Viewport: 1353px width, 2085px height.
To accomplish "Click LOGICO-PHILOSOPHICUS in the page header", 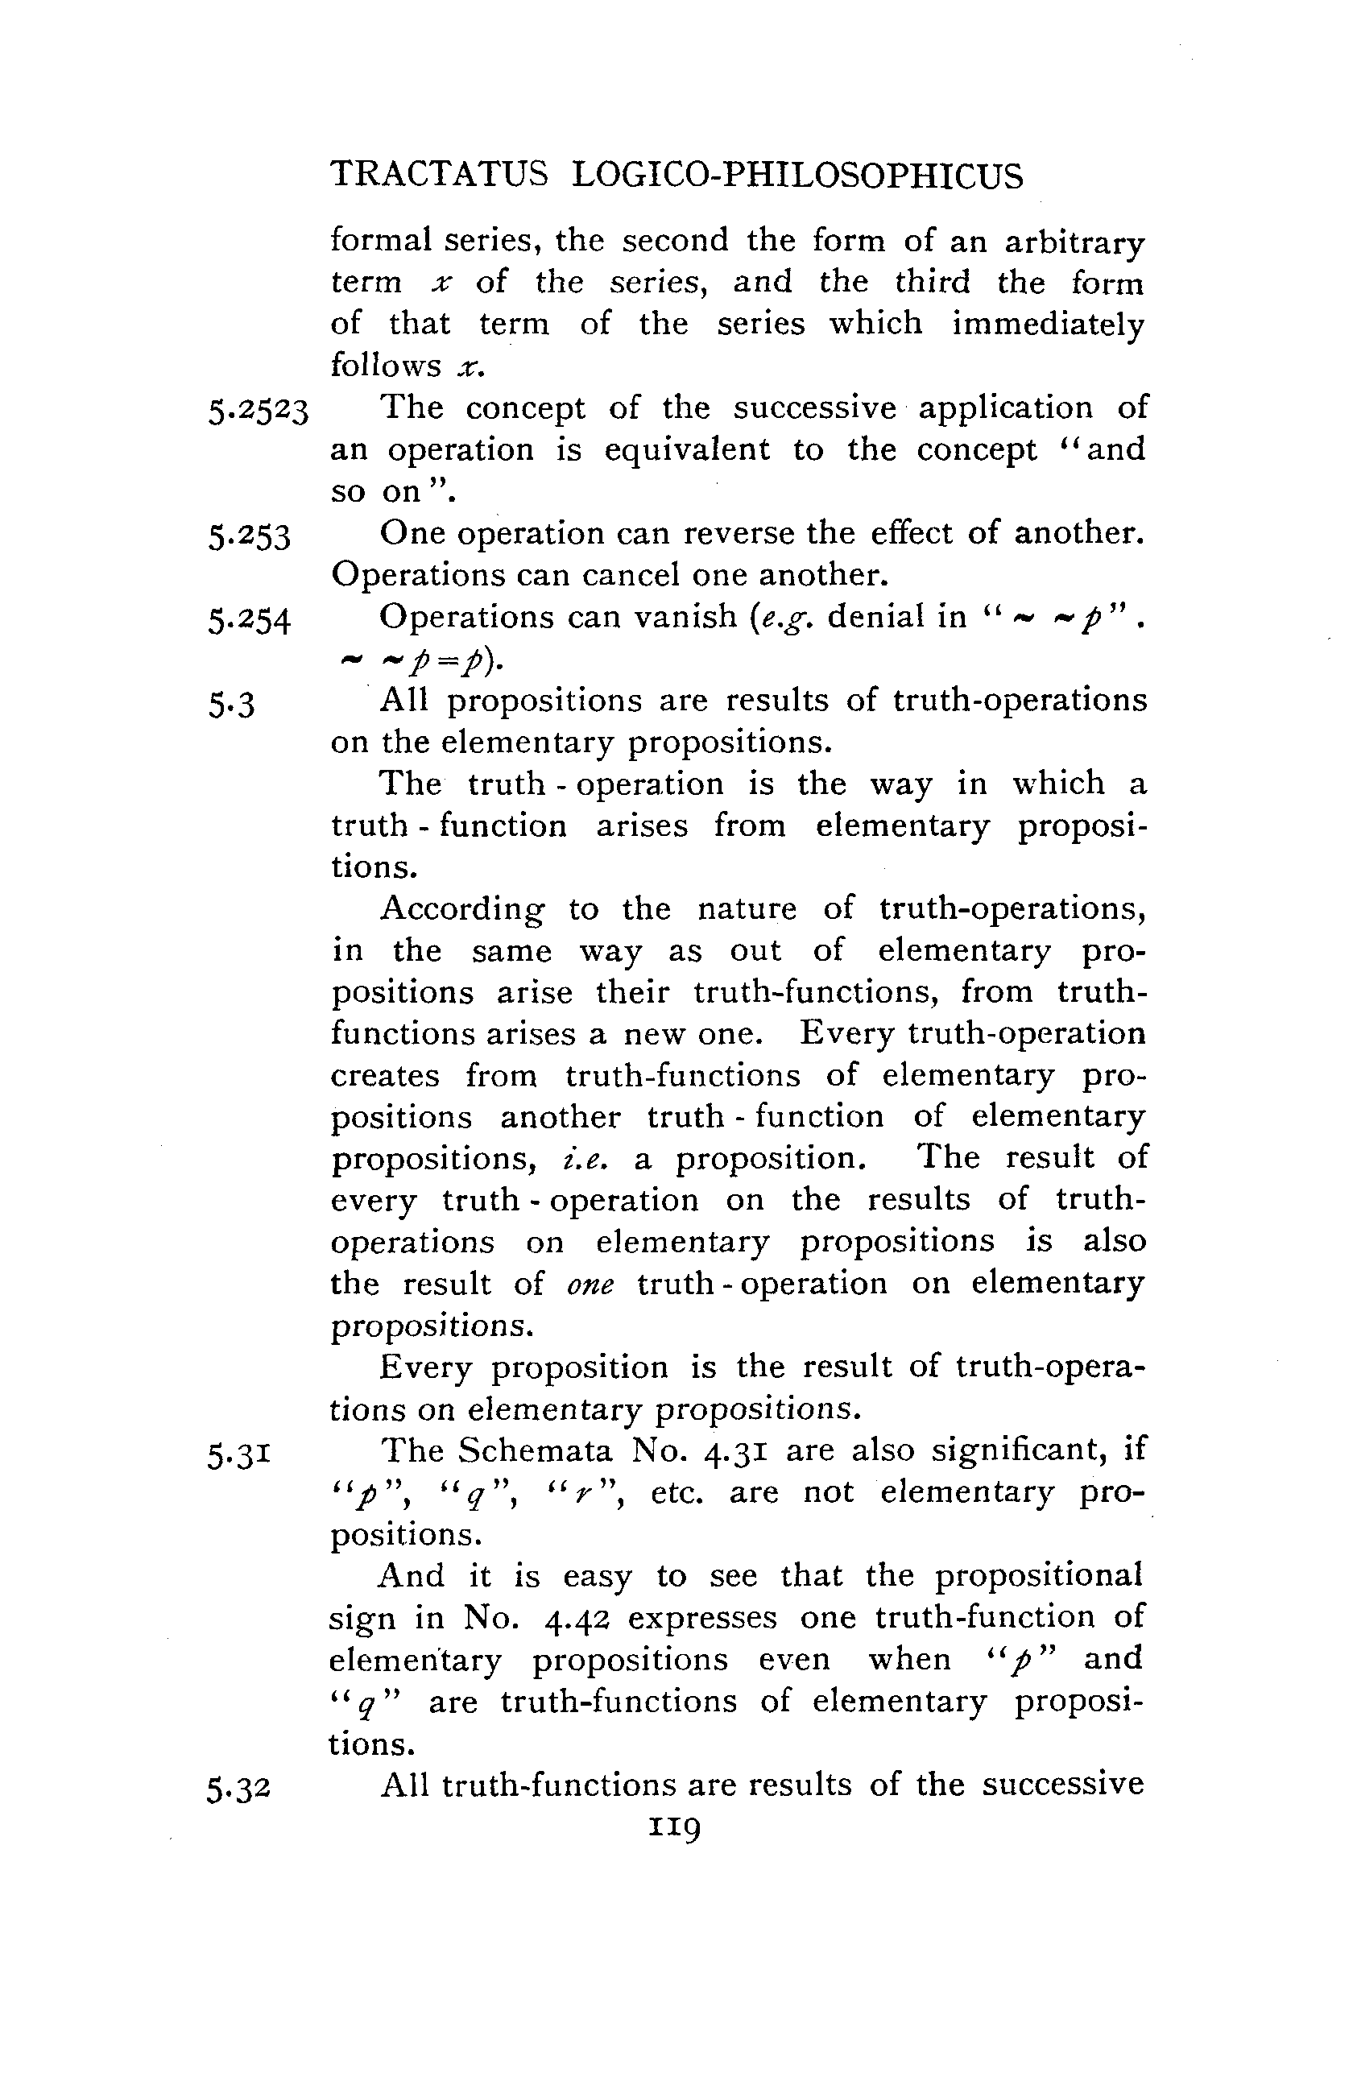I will coord(796,176).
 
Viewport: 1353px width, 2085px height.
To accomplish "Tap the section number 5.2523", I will coord(259,410).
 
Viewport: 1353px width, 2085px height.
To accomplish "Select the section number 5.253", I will coord(249,536).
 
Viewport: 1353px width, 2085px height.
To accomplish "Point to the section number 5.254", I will coord(249,620).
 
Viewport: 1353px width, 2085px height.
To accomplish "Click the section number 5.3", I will coord(231,705).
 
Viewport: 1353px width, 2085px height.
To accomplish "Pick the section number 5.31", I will coord(239,1454).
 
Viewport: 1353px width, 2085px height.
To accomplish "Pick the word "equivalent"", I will coord(687,449).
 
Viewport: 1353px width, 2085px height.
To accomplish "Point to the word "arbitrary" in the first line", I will coord(1074,241).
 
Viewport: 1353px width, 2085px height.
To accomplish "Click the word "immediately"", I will coord(1048,324).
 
